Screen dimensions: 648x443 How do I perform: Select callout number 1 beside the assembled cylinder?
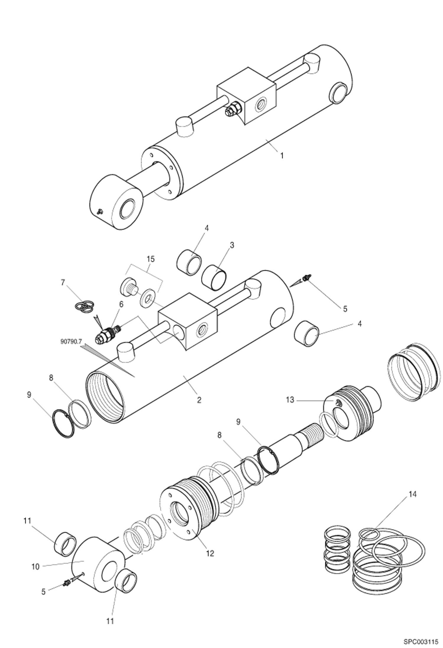point(282,156)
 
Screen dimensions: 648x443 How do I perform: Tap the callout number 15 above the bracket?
point(150,259)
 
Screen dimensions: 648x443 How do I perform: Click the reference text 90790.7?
point(71,341)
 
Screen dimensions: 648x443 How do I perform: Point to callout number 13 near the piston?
point(290,400)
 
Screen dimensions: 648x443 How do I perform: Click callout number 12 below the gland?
point(210,553)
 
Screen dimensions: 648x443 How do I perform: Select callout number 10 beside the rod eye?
point(35,567)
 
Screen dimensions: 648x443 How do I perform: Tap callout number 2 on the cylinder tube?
point(199,400)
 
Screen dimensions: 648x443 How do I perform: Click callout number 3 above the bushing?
point(232,245)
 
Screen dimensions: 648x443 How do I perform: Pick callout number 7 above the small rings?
point(62,283)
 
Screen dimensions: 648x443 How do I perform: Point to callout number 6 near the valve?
point(121,304)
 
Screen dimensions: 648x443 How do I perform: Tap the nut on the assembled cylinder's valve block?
point(233,109)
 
